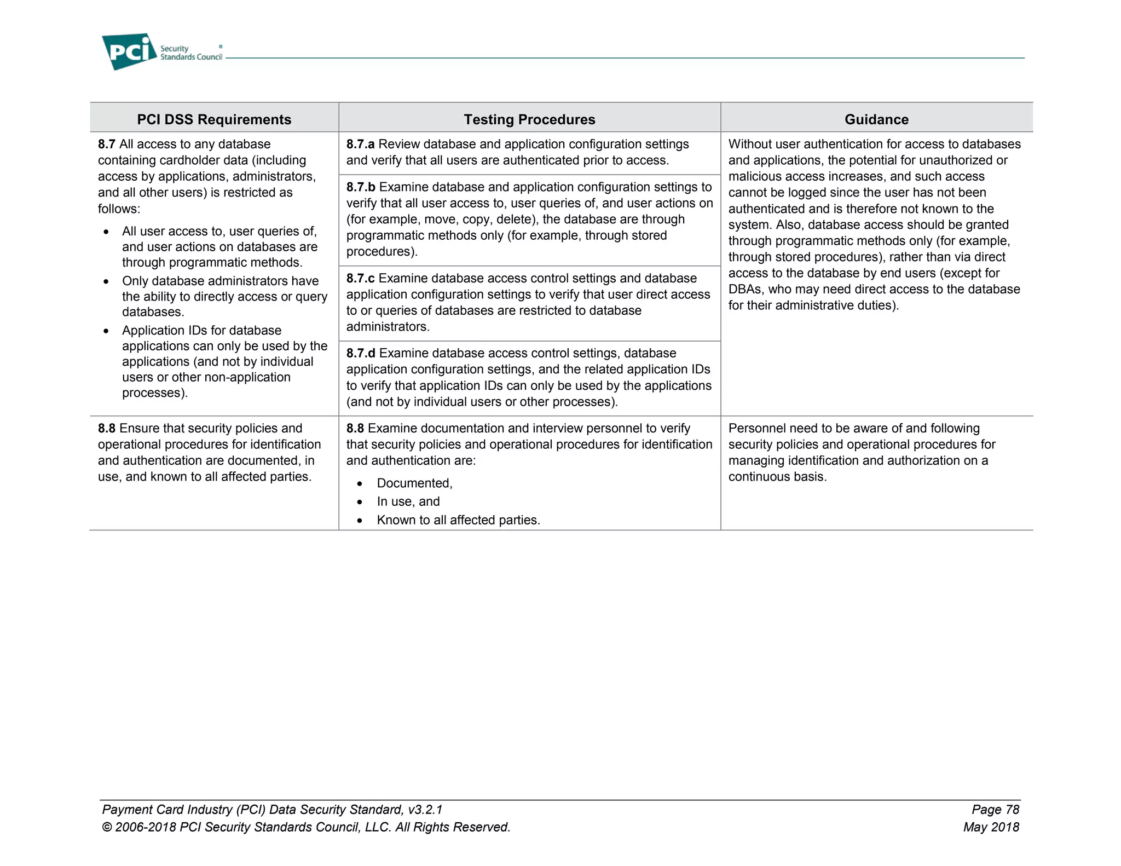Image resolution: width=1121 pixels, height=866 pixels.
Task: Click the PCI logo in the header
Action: point(129,51)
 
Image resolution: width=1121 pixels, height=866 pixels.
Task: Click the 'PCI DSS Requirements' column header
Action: point(214,119)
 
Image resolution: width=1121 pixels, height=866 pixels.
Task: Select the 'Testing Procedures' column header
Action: point(529,119)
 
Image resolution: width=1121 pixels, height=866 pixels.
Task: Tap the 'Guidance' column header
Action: point(876,119)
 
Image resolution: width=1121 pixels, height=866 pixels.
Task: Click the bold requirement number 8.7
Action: point(107,144)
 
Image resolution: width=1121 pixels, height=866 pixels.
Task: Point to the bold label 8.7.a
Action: point(360,144)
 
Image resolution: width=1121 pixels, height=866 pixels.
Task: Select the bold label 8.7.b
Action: point(361,187)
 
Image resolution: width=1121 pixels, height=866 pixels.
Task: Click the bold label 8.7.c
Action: point(360,278)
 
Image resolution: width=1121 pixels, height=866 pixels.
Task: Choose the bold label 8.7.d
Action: point(361,353)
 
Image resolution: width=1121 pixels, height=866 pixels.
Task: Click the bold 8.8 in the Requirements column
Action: point(107,428)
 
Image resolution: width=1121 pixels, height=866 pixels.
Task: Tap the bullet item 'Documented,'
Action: point(414,483)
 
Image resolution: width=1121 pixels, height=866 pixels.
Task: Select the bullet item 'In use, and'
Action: point(408,501)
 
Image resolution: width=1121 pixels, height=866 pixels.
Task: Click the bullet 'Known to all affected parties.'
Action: point(458,520)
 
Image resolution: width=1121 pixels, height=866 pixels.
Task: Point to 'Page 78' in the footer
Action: point(995,809)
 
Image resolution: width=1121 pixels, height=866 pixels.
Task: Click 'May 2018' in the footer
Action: point(991,827)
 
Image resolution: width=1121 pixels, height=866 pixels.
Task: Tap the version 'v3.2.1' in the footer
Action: point(425,809)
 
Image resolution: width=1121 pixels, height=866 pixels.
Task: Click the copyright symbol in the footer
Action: point(107,827)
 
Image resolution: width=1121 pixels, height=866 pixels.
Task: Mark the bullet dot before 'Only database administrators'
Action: point(106,281)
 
